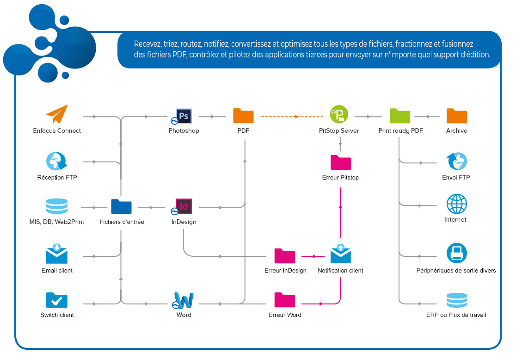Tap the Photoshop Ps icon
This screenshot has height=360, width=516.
(184, 116)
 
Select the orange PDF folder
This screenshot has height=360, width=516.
(243, 115)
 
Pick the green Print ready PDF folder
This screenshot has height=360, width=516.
(400, 115)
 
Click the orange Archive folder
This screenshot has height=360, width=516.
(456, 115)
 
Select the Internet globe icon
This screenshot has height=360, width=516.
(456, 204)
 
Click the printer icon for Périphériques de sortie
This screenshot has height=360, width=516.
(456, 253)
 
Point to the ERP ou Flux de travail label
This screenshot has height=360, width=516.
(456, 315)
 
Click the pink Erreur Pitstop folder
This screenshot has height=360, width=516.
(341, 162)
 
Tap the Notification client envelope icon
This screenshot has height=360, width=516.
(341, 254)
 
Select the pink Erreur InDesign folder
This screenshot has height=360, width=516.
(285, 255)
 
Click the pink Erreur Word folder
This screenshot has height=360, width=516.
(285, 300)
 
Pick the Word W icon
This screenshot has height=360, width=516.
(184, 300)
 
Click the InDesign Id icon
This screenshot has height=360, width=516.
(184, 206)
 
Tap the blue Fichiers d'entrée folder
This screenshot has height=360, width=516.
(121, 206)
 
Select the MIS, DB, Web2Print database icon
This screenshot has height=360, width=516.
(57, 206)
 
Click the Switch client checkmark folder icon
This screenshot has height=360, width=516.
(57, 300)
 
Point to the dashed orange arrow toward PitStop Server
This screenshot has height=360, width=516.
(291, 117)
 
